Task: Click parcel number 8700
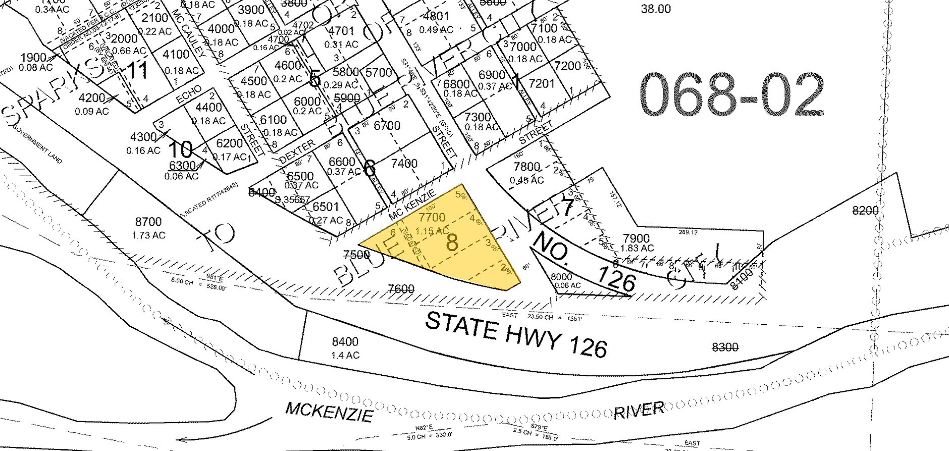(148, 222)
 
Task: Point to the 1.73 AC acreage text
(148, 235)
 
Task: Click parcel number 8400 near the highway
(345, 342)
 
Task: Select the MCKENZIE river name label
(329, 412)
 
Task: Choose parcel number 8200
(865, 211)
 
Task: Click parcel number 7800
(526, 167)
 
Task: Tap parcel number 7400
(404, 163)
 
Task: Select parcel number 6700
(387, 125)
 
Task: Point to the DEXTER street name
(297, 152)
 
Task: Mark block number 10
(180, 149)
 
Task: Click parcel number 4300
(143, 137)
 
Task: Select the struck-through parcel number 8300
(724, 347)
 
